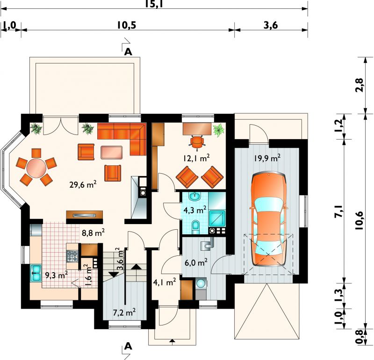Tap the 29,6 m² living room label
[83, 184]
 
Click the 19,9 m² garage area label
[267, 158]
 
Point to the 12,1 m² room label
[196, 158]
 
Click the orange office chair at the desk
[197, 142]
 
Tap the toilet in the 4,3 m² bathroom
[196, 227]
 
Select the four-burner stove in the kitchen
[72, 256]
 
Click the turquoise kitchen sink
[36, 273]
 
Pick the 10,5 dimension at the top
[126, 25]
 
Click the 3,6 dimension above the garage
[271, 25]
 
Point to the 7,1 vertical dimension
[339, 211]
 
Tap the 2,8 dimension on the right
[360, 85]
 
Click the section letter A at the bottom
[128, 346]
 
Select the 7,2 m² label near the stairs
[124, 312]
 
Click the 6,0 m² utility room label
[196, 262]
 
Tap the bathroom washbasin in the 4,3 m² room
[195, 196]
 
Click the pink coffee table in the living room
[112, 153]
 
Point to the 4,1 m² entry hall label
[165, 282]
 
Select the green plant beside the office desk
[219, 130]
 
